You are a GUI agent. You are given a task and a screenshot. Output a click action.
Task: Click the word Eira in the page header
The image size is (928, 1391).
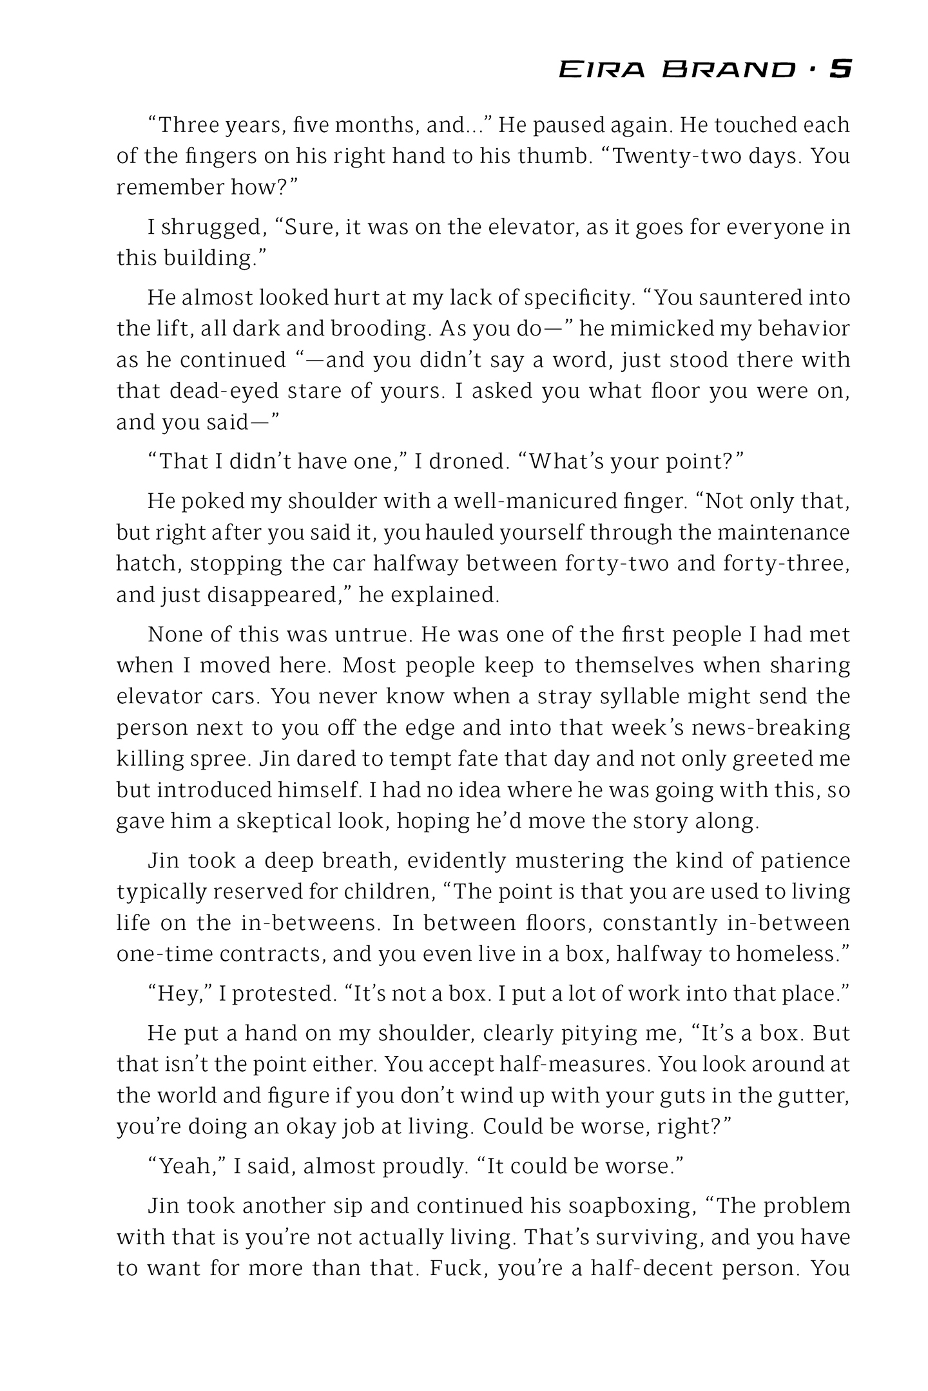[x=601, y=70]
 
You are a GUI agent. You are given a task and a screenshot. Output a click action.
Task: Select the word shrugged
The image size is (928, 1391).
[x=212, y=227]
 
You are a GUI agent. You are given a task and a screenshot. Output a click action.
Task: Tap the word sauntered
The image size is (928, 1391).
[x=743, y=298]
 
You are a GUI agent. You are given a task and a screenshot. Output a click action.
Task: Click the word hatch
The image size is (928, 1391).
[x=146, y=563]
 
